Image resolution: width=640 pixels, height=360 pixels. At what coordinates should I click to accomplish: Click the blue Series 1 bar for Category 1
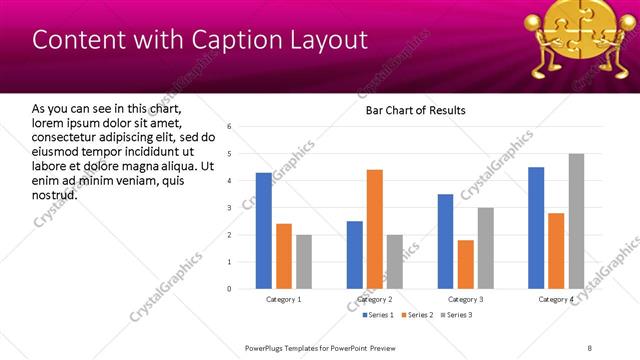(x=263, y=231)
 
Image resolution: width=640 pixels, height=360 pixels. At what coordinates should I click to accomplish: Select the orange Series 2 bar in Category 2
(x=375, y=229)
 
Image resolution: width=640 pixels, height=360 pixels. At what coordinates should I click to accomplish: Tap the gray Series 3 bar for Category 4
(x=576, y=221)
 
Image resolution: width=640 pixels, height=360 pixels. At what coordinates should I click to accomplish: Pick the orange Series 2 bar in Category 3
(x=466, y=264)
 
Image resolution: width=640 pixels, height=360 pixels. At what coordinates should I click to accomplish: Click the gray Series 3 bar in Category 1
(x=304, y=262)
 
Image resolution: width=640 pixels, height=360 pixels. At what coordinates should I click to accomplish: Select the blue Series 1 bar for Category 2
(x=355, y=255)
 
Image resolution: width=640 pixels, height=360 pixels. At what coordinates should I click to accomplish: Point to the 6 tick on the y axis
(x=230, y=127)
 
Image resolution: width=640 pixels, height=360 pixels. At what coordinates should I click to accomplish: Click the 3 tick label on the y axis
(x=230, y=208)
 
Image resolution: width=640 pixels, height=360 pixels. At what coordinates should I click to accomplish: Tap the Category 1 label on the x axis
(x=284, y=299)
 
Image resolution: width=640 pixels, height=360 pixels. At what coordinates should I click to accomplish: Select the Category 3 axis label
(x=466, y=299)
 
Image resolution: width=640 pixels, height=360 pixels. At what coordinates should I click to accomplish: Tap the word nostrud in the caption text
(x=55, y=194)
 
